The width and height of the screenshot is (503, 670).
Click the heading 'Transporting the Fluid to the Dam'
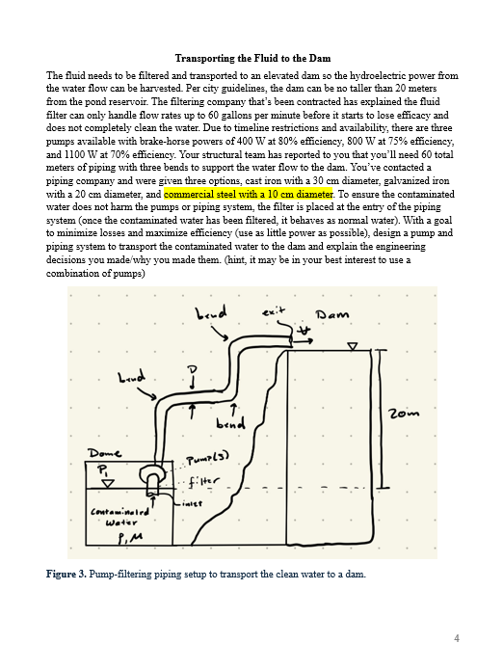(x=251, y=59)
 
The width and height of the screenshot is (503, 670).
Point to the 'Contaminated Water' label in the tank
(x=114, y=520)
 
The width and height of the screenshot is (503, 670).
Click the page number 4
(x=457, y=637)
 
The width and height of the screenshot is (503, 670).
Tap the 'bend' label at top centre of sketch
(x=211, y=313)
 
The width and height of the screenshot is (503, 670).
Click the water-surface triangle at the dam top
(x=353, y=345)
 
